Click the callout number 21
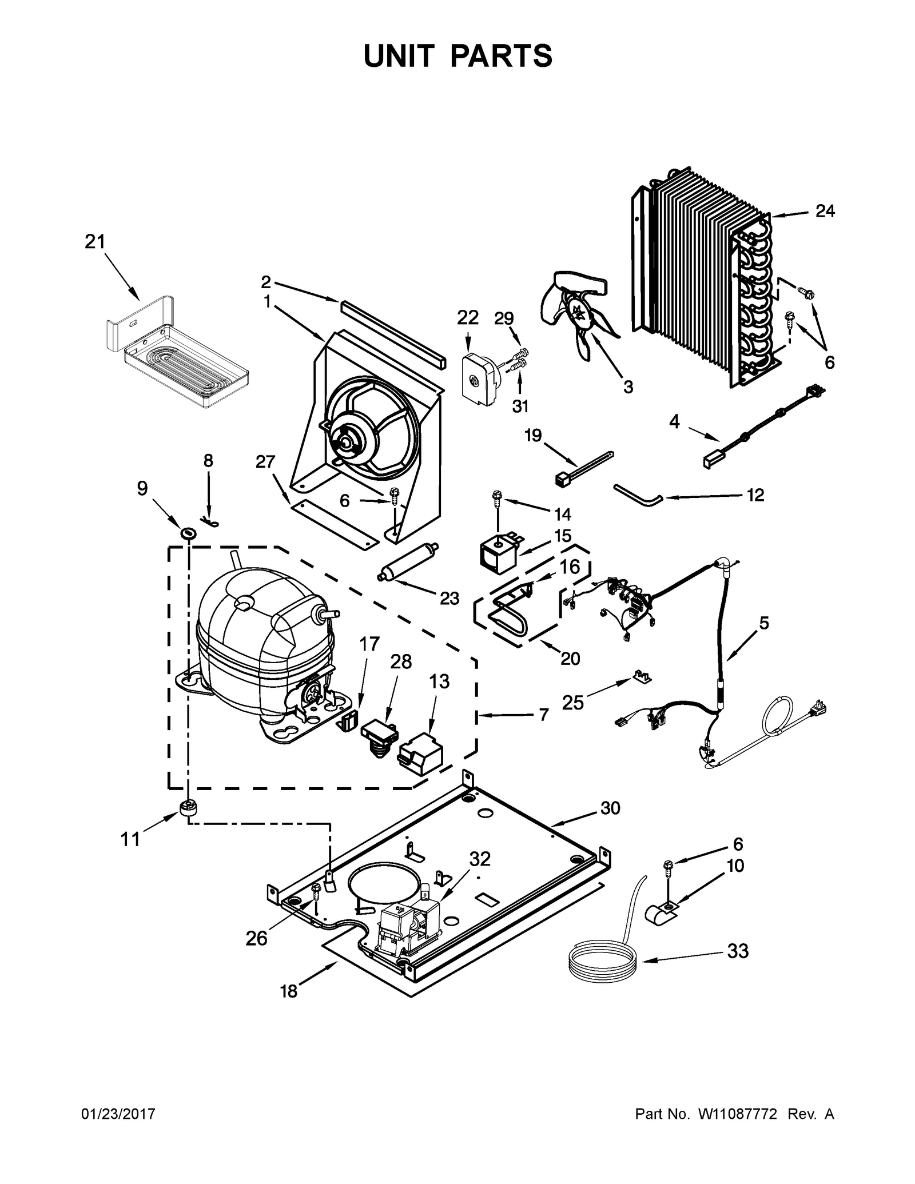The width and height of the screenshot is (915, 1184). (95, 242)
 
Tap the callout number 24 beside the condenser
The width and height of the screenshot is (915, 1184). (825, 212)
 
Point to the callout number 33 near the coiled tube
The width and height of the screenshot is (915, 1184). (738, 951)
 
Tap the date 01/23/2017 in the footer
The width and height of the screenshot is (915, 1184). (119, 1114)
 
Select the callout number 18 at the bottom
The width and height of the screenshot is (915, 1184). (289, 991)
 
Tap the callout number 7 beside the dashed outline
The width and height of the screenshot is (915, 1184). (543, 715)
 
